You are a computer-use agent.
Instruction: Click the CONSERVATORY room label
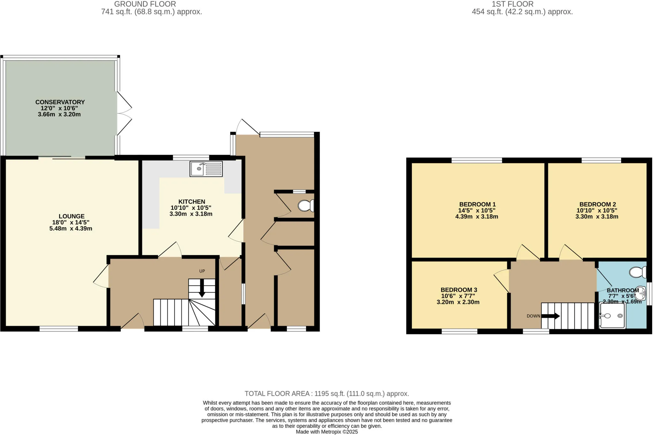tap(60, 102)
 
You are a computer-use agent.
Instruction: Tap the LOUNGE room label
tap(71, 216)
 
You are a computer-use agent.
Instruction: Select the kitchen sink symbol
tap(206, 169)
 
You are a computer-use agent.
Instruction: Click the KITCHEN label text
tap(192, 202)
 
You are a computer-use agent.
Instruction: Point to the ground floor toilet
tap(306, 206)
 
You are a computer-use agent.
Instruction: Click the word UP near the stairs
tap(202, 271)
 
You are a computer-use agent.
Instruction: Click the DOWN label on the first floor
tap(533, 316)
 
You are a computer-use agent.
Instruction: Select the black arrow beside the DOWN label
tap(550, 316)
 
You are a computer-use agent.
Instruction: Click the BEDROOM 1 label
tap(477, 204)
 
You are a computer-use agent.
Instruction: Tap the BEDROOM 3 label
tap(459, 290)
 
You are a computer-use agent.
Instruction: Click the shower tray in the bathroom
tap(612, 316)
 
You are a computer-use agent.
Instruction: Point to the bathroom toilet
tap(638, 272)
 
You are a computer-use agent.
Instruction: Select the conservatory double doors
tap(124, 113)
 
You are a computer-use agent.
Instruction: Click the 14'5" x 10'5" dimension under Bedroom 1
tap(477, 210)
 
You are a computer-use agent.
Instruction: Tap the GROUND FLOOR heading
tap(145, 4)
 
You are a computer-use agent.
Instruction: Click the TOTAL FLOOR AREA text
tap(326, 393)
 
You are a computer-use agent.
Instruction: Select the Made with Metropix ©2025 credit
tap(327, 432)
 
